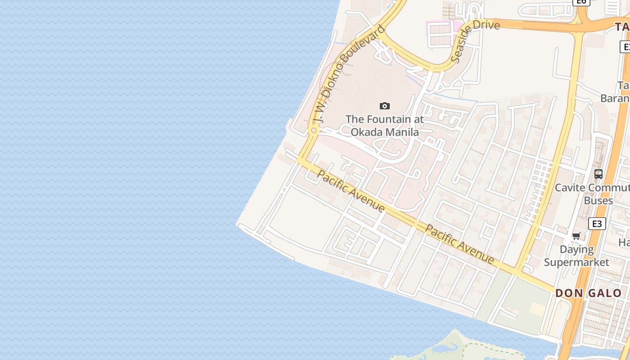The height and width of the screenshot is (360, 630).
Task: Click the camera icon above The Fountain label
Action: (x=385, y=106)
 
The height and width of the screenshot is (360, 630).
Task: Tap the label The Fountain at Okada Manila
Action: (x=385, y=126)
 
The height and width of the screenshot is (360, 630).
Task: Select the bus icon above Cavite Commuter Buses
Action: (x=598, y=174)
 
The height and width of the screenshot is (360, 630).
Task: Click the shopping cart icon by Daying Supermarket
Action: (x=576, y=236)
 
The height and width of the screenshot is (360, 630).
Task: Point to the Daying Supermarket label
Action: (x=576, y=256)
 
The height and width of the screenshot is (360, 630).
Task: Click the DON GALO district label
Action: (x=588, y=293)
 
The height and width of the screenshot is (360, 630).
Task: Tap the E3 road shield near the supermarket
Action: (x=597, y=224)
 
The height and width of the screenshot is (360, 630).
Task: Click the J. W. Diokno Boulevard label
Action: (x=349, y=74)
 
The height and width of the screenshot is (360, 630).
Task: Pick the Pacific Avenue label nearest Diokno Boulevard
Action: (x=351, y=191)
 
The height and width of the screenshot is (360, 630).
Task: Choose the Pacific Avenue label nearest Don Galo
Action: (x=459, y=244)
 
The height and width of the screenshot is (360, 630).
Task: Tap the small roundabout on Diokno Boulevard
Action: (x=314, y=130)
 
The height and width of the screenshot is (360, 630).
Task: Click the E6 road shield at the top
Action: (x=581, y=2)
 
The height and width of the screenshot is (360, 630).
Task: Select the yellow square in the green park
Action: (x=537, y=309)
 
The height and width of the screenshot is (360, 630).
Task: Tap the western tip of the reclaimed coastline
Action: (x=237, y=224)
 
